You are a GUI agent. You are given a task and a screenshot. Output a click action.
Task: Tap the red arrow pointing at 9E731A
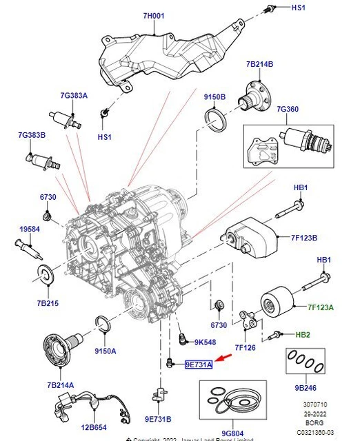click(223, 358)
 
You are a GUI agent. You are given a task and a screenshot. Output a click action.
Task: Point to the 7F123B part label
click(303, 238)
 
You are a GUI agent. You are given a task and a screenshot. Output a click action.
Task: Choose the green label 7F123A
click(321, 307)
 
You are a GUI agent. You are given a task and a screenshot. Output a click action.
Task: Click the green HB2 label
click(302, 335)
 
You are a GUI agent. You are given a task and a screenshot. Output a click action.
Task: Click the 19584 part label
click(30, 228)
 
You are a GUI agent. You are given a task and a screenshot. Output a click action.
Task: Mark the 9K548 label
click(206, 342)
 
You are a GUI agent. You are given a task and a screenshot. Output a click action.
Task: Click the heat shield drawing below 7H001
click(166, 55)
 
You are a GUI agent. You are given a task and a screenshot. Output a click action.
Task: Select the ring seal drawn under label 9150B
click(217, 125)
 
